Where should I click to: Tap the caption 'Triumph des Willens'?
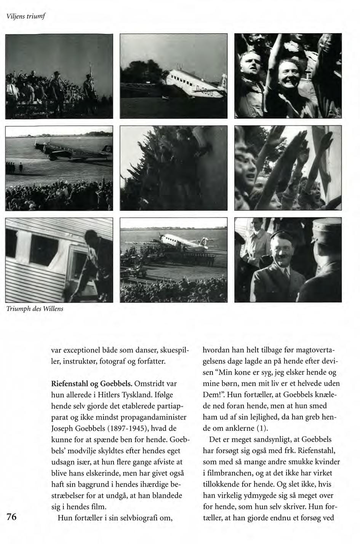[34, 309]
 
